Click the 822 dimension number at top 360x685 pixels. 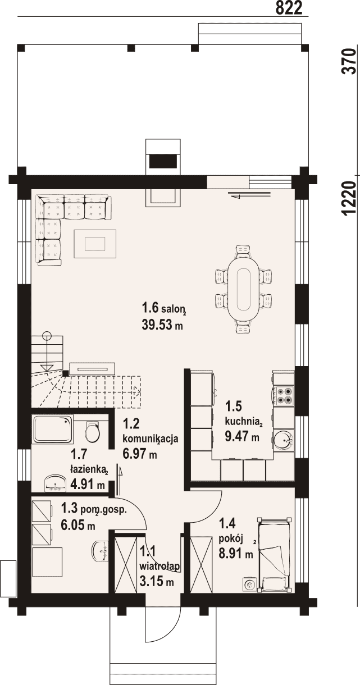pyautogui.click(x=289, y=8)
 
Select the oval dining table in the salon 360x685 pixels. pyautogui.click(x=244, y=289)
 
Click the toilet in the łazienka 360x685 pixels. pyautogui.click(x=92, y=431)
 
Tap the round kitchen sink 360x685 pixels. pyautogui.click(x=284, y=440)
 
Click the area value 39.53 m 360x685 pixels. pyautogui.click(x=162, y=325)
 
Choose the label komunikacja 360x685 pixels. pyautogui.click(x=151, y=439)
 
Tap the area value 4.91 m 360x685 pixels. pyautogui.click(x=88, y=485)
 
